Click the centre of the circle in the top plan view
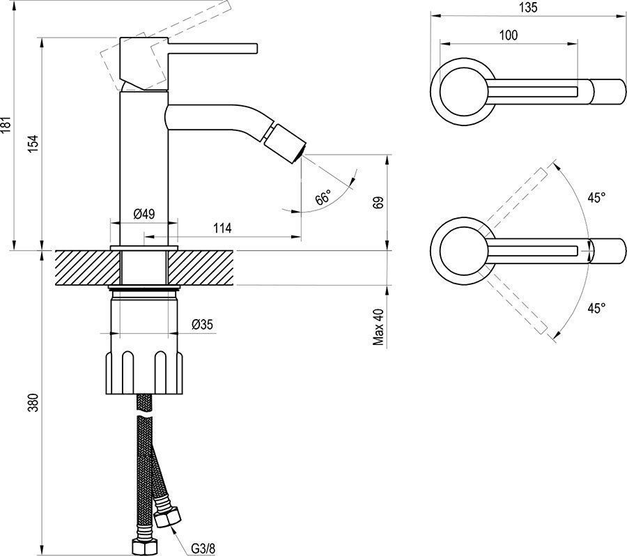[463, 91]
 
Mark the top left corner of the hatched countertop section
[55, 251]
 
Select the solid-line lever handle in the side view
[212, 47]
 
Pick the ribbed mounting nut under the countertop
[144, 373]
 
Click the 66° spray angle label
[323, 198]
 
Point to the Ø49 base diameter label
[144, 214]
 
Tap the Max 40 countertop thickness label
[378, 327]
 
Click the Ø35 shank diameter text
[202, 324]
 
